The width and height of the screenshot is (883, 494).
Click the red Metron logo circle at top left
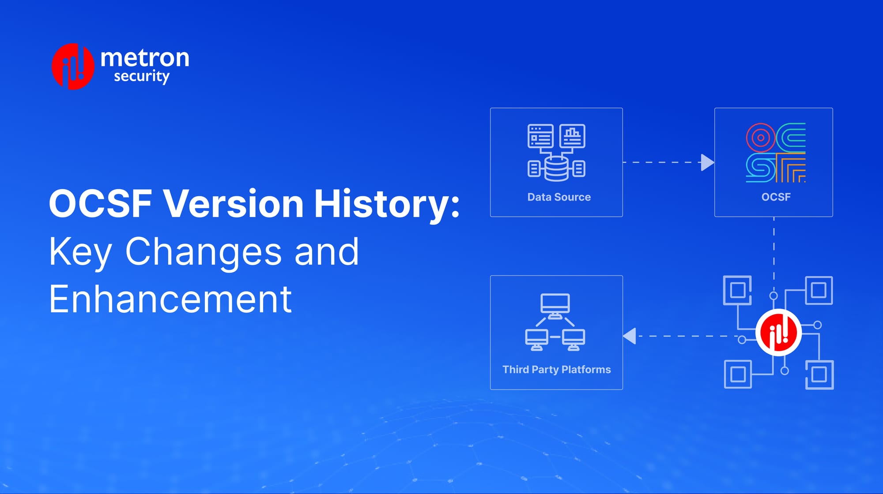(x=73, y=67)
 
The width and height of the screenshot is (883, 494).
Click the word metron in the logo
(x=145, y=58)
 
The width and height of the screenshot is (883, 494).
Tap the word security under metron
(x=141, y=77)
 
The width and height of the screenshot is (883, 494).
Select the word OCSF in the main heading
(x=101, y=204)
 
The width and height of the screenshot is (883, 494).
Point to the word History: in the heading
(x=386, y=204)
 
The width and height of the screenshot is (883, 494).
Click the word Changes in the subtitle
(x=204, y=251)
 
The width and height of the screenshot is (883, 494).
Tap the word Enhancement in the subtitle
(x=170, y=299)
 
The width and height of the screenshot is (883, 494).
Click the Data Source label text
(x=559, y=197)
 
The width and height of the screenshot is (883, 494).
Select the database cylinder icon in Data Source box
(x=556, y=168)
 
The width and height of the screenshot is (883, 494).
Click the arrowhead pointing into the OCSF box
(x=706, y=162)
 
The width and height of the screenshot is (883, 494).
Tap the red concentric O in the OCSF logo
(x=760, y=138)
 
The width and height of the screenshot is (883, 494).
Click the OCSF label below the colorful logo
(x=776, y=197)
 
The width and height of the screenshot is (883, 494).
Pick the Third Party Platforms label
(x=556, y=370)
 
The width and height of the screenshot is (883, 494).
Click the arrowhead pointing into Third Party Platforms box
(x=630, y=336)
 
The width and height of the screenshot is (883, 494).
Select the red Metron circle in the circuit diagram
(x=778, y=333)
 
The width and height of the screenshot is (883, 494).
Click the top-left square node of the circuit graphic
(x=737, y=290)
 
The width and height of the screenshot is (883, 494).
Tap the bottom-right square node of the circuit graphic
(x=819, y=374)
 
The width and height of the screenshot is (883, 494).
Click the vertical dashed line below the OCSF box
(x=774, y=251)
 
